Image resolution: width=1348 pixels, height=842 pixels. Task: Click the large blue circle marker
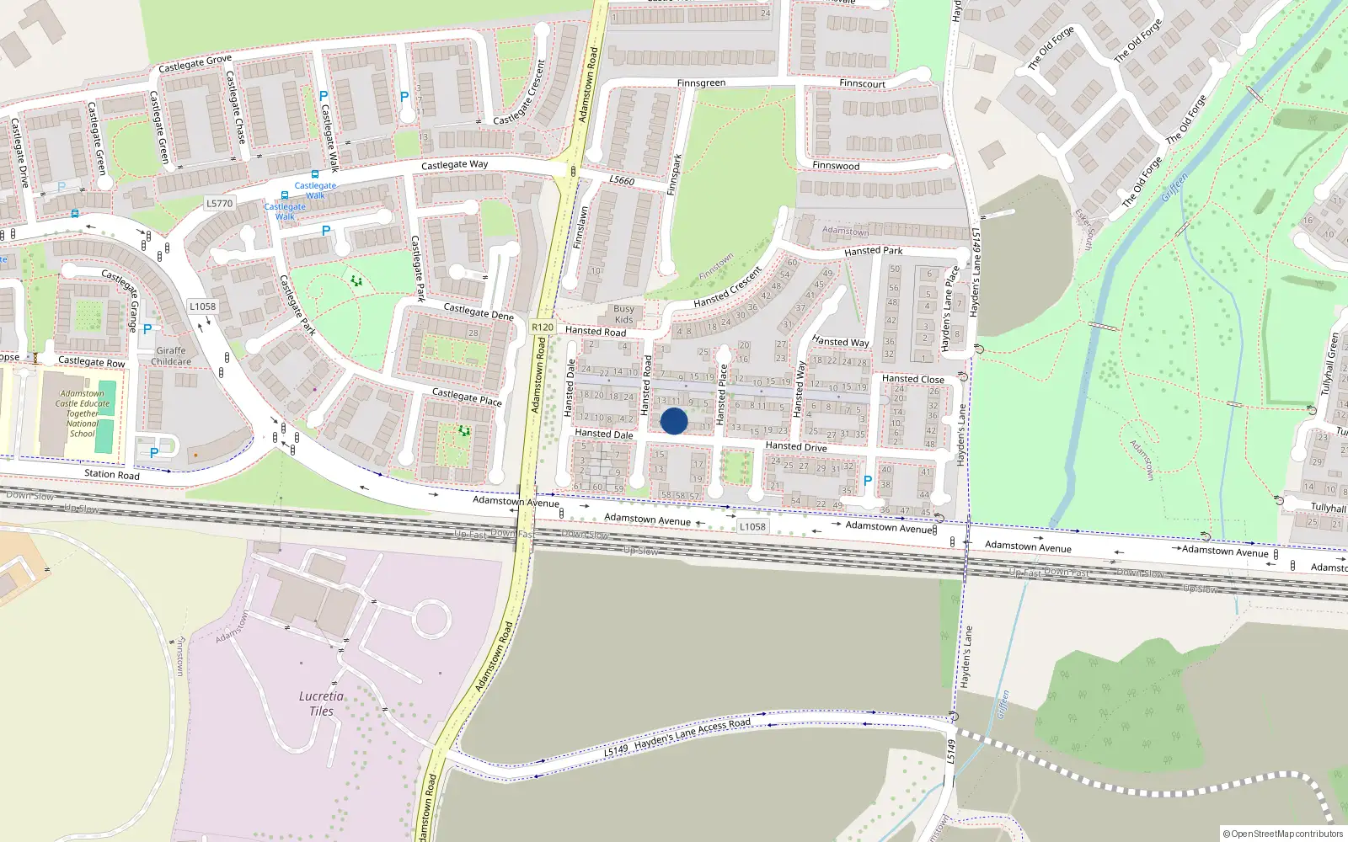click(x=674, y=421)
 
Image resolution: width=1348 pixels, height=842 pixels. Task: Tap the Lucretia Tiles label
click(x=321, y=703)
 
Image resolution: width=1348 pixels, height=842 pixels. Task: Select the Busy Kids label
click(x=623, y=314)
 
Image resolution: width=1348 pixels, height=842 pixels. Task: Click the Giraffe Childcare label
click(x=171, y=356)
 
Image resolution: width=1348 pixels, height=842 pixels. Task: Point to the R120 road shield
click(x=543, y=328)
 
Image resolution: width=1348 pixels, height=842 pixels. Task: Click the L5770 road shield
click(x=219, y=203)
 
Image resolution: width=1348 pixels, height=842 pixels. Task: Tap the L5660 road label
click(x=622, y=180)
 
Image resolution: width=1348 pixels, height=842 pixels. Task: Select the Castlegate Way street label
click(x=454, y=165)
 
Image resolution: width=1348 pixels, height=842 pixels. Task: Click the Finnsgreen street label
click(x=701, y=83)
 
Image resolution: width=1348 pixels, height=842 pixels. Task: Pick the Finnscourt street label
click(x=862, y=83)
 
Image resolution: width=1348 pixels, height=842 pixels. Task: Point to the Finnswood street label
click(x=836, y=166)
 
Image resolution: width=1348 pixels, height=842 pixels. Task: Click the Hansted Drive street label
click(x=796, y=446)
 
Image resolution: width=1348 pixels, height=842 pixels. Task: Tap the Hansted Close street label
click(x=912, y=379)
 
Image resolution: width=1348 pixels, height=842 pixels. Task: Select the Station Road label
click(x=112, y=474)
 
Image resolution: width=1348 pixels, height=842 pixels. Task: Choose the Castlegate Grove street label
click(x=195, y=63)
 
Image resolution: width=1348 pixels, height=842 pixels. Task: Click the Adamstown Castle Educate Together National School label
click(x=83, y=413)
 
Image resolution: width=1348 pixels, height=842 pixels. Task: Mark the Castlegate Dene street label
click(x=479, y=312)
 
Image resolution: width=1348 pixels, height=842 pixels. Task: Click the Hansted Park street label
click(x=873, y=251)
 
